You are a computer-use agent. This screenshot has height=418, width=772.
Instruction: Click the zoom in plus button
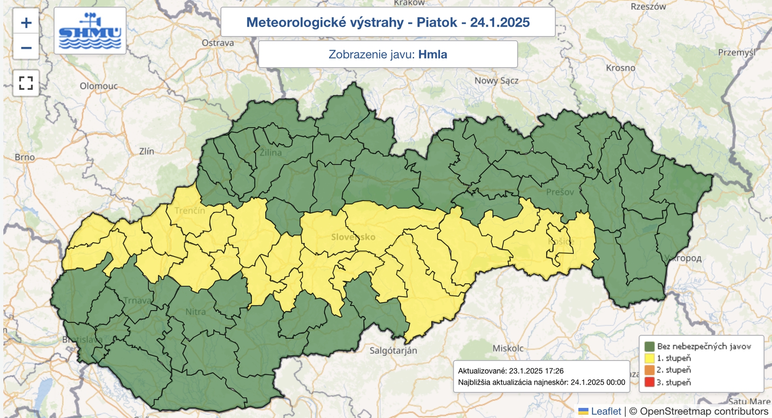26,23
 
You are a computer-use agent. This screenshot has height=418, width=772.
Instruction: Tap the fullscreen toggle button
26,83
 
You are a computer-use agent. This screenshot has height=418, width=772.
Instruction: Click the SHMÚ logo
90,30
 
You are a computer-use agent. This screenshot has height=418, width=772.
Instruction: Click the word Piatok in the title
437,22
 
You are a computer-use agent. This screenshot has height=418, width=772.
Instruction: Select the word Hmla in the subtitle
432,54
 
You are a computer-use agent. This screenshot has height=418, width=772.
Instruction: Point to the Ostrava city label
218,43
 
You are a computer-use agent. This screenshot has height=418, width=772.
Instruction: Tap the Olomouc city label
98,86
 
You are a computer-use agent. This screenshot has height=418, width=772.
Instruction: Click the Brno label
25,157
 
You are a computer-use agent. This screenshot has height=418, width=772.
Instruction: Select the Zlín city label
147,151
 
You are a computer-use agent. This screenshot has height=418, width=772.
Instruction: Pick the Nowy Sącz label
496,81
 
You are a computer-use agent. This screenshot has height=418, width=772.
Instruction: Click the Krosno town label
620,68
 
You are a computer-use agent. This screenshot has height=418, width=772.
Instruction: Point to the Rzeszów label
648,7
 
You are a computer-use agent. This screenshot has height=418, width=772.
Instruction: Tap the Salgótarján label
393,350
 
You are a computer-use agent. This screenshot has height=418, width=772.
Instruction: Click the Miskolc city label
508,348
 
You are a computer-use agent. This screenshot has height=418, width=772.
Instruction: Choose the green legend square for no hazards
649,346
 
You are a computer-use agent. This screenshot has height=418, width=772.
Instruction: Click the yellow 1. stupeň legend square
649,358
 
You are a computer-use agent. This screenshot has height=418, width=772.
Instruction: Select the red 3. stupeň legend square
649,382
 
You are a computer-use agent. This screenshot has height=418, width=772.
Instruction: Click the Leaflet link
606,411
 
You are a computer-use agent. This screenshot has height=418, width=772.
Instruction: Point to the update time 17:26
553,371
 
